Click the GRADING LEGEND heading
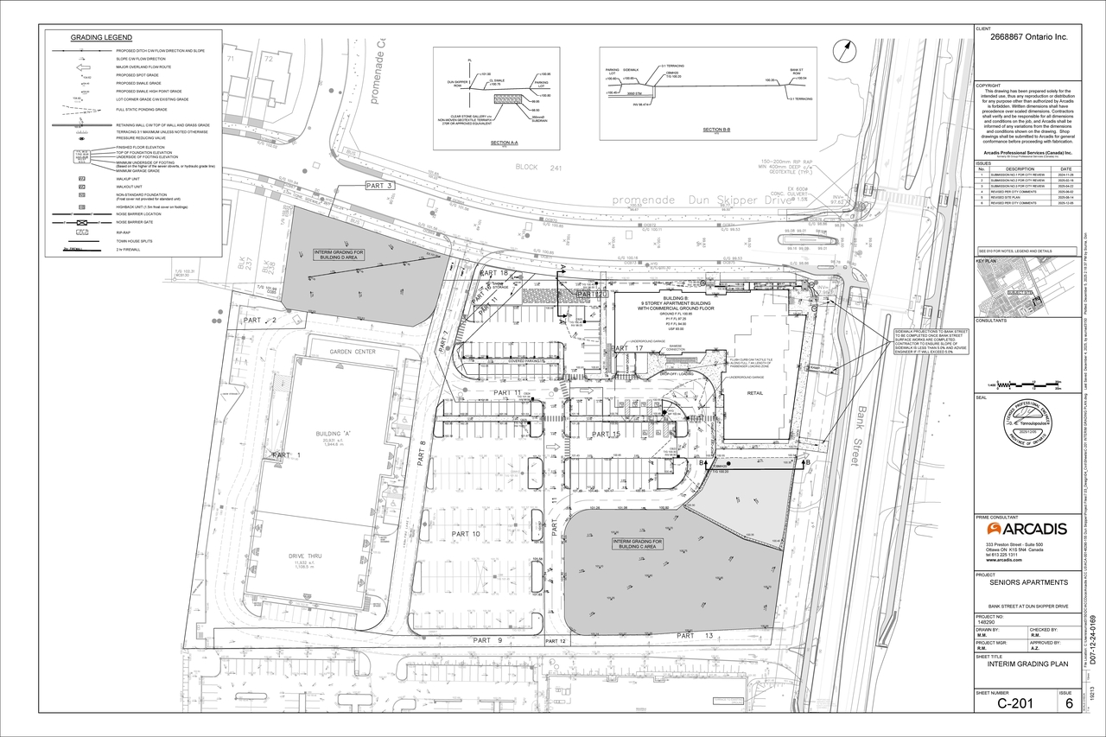101,38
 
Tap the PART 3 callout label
378,186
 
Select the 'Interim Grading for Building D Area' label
340,255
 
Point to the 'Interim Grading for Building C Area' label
641,544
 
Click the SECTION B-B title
716,130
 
